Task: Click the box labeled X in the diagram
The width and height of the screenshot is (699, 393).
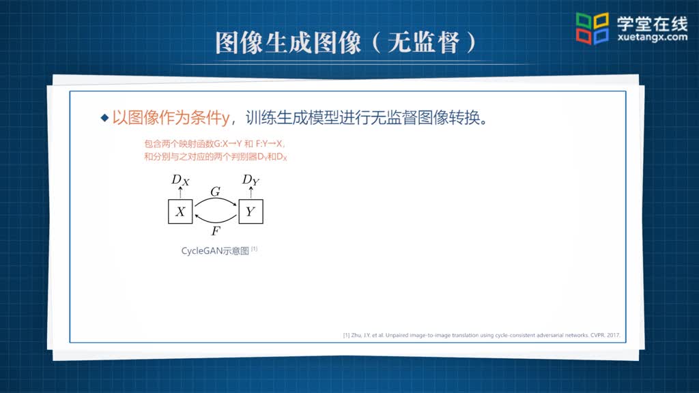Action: click(x=180, y=212)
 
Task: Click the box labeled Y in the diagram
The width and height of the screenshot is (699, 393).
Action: click(x=251, y=212)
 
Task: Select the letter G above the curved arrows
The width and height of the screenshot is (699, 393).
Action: click(x=215, y=192)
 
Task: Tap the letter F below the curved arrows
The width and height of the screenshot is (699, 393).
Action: click(x=216, y=231)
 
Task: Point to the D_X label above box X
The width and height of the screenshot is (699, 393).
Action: click(x=180, y=180)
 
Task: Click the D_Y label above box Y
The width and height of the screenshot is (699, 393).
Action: click(x=251, y=180)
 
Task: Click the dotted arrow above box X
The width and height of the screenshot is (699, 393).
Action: click(x=180, y=192)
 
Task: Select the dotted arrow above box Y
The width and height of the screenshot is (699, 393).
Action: click(x=251, y=192)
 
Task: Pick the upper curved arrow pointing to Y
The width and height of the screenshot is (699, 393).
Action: click(x=215, y=199)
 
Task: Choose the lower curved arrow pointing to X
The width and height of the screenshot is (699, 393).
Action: click(x=215, y=222)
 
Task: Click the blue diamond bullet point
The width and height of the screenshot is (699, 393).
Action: click(x=104, y=117)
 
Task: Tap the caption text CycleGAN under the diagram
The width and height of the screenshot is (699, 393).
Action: click(x=202, y=251)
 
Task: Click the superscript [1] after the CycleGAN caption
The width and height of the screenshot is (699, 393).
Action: click(x=254, y=249)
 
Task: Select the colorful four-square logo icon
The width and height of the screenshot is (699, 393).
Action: click(x=592, y=29)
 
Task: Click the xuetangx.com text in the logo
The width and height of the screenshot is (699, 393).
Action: click(x=653, y=38)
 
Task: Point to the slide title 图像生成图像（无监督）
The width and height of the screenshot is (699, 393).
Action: click(x=346, y=43)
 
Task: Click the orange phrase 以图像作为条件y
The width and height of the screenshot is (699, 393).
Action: click(x=171, y=117)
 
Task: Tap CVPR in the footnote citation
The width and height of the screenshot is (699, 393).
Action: click(x=597, y=335)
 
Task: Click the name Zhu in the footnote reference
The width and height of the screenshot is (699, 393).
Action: click(x=356, y=335)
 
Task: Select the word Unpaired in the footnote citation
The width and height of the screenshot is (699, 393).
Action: click(x=397, y=335)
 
